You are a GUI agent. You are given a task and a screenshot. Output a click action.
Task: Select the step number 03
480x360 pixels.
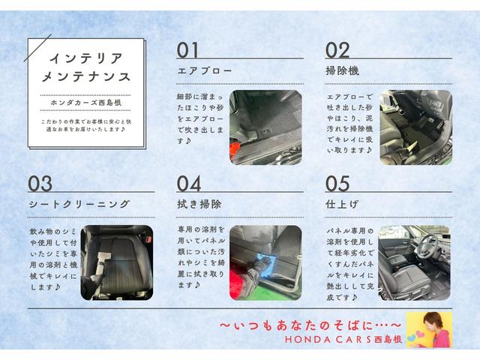tap(40, 184)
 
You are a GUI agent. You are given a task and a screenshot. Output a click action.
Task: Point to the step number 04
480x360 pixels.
tap(189, 184)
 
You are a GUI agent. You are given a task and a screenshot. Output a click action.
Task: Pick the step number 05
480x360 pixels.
tap(338, 184)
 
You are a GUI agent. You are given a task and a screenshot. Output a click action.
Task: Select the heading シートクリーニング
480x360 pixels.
tap(79, 204)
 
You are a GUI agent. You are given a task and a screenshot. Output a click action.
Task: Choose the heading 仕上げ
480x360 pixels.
tap(343, 204)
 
